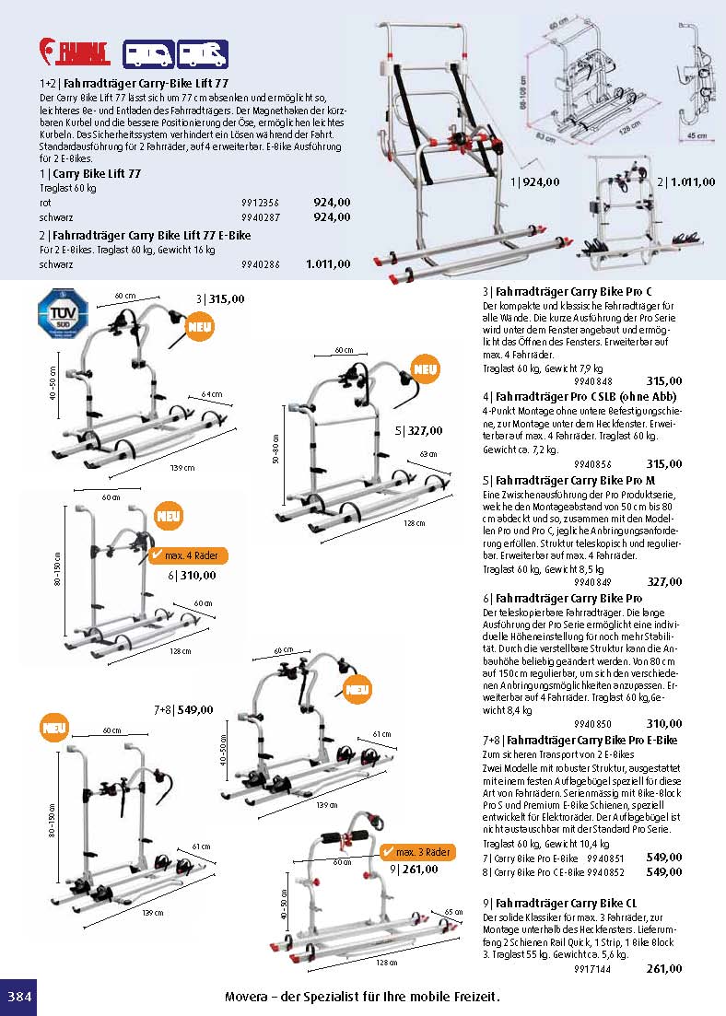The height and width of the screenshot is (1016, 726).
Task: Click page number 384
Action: coord(18,998)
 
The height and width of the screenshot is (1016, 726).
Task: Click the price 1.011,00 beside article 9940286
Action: coord(328,264)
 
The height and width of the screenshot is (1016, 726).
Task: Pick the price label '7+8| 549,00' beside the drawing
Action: coord(183,709)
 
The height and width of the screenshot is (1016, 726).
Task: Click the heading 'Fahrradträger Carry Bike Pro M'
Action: coord(574,480)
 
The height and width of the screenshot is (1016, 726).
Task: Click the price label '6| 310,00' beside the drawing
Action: coord(192,576)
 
